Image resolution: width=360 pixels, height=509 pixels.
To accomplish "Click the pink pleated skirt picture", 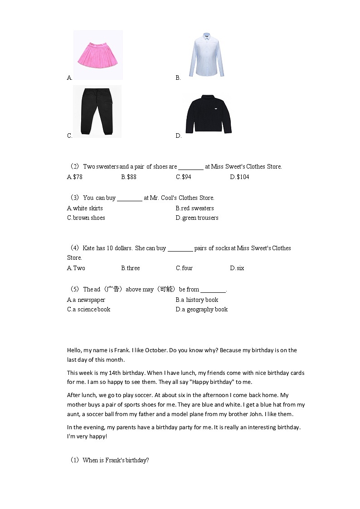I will pyautogui.click(x=98, y=55).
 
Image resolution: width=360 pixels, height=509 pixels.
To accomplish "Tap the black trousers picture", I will pyautogui.click(x=97, y=111).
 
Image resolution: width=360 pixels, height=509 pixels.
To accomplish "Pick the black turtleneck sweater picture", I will pyautogui.click(x=209, y=114).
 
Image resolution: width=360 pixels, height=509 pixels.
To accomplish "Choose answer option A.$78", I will pyautogui.click(x=75, y=177).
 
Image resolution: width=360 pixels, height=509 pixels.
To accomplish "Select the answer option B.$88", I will pyautogui.click(x=129, y=177).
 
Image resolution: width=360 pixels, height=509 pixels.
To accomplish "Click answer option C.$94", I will pyautogui.click(x=184, y=177).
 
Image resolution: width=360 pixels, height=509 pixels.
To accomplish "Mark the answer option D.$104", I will pyautogui.click(x=239, y=177).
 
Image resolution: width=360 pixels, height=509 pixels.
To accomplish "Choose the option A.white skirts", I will pyautogui.click(x=85, y=208).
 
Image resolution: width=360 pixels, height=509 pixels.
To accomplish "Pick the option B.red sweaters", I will pyautogui.click(x=195, y=208).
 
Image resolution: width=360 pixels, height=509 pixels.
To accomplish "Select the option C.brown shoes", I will pyautogui.click(x=86, y=218).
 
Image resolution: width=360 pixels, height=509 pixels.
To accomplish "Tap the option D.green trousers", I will pyautogui.click(x=197, y=218).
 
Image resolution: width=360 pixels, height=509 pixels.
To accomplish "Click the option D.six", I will pyautogui.click(x=237, y=268).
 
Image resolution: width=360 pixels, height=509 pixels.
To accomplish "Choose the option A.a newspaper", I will pyautogui.click(x=86, y=300).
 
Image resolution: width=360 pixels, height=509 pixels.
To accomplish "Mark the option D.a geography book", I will pyautogui.click(x=202, y=309).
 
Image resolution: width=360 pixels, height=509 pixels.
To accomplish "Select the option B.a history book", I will pyautogui.click(x=197, y=300).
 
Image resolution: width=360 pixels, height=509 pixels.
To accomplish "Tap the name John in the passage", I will pyautogui.click(x=262, y=414).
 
